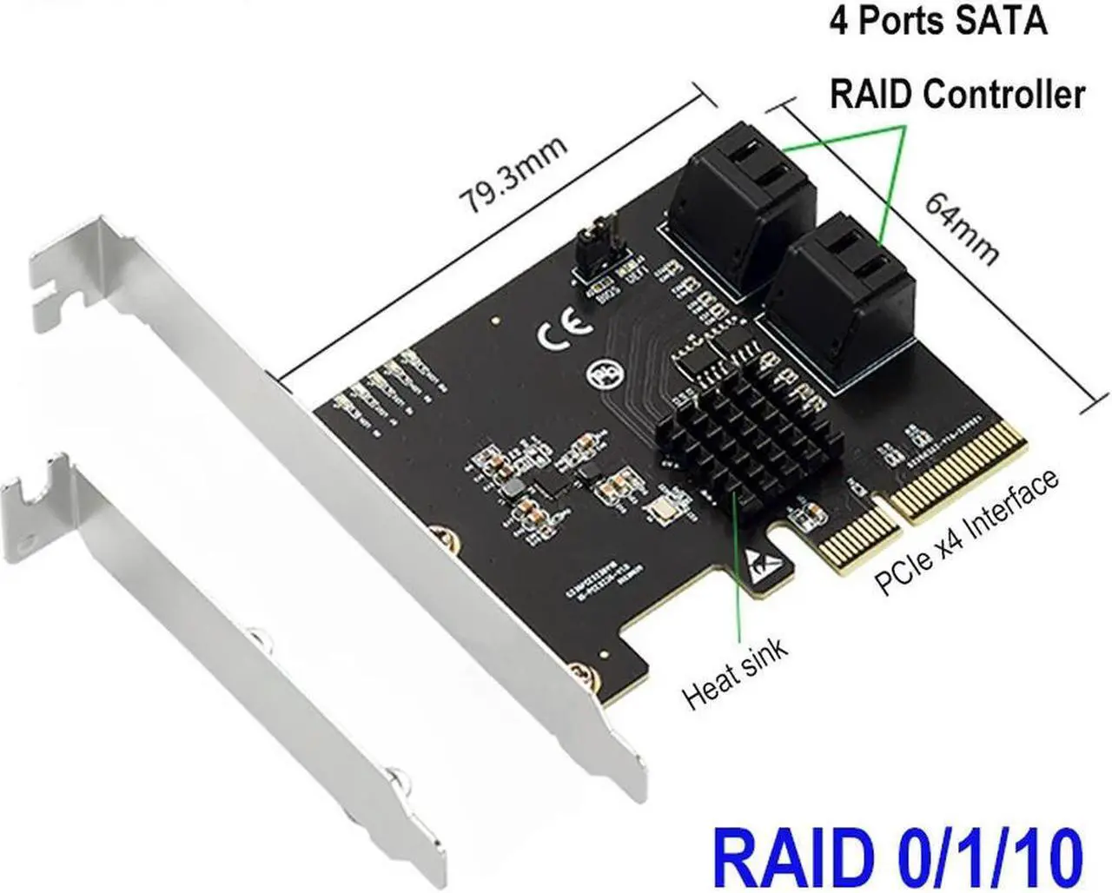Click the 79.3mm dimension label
click(x=513, y=176)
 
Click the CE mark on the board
click(x=565, y=335)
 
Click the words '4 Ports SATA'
click(x=937, y=21)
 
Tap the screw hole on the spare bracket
click(x=256, y=642)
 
